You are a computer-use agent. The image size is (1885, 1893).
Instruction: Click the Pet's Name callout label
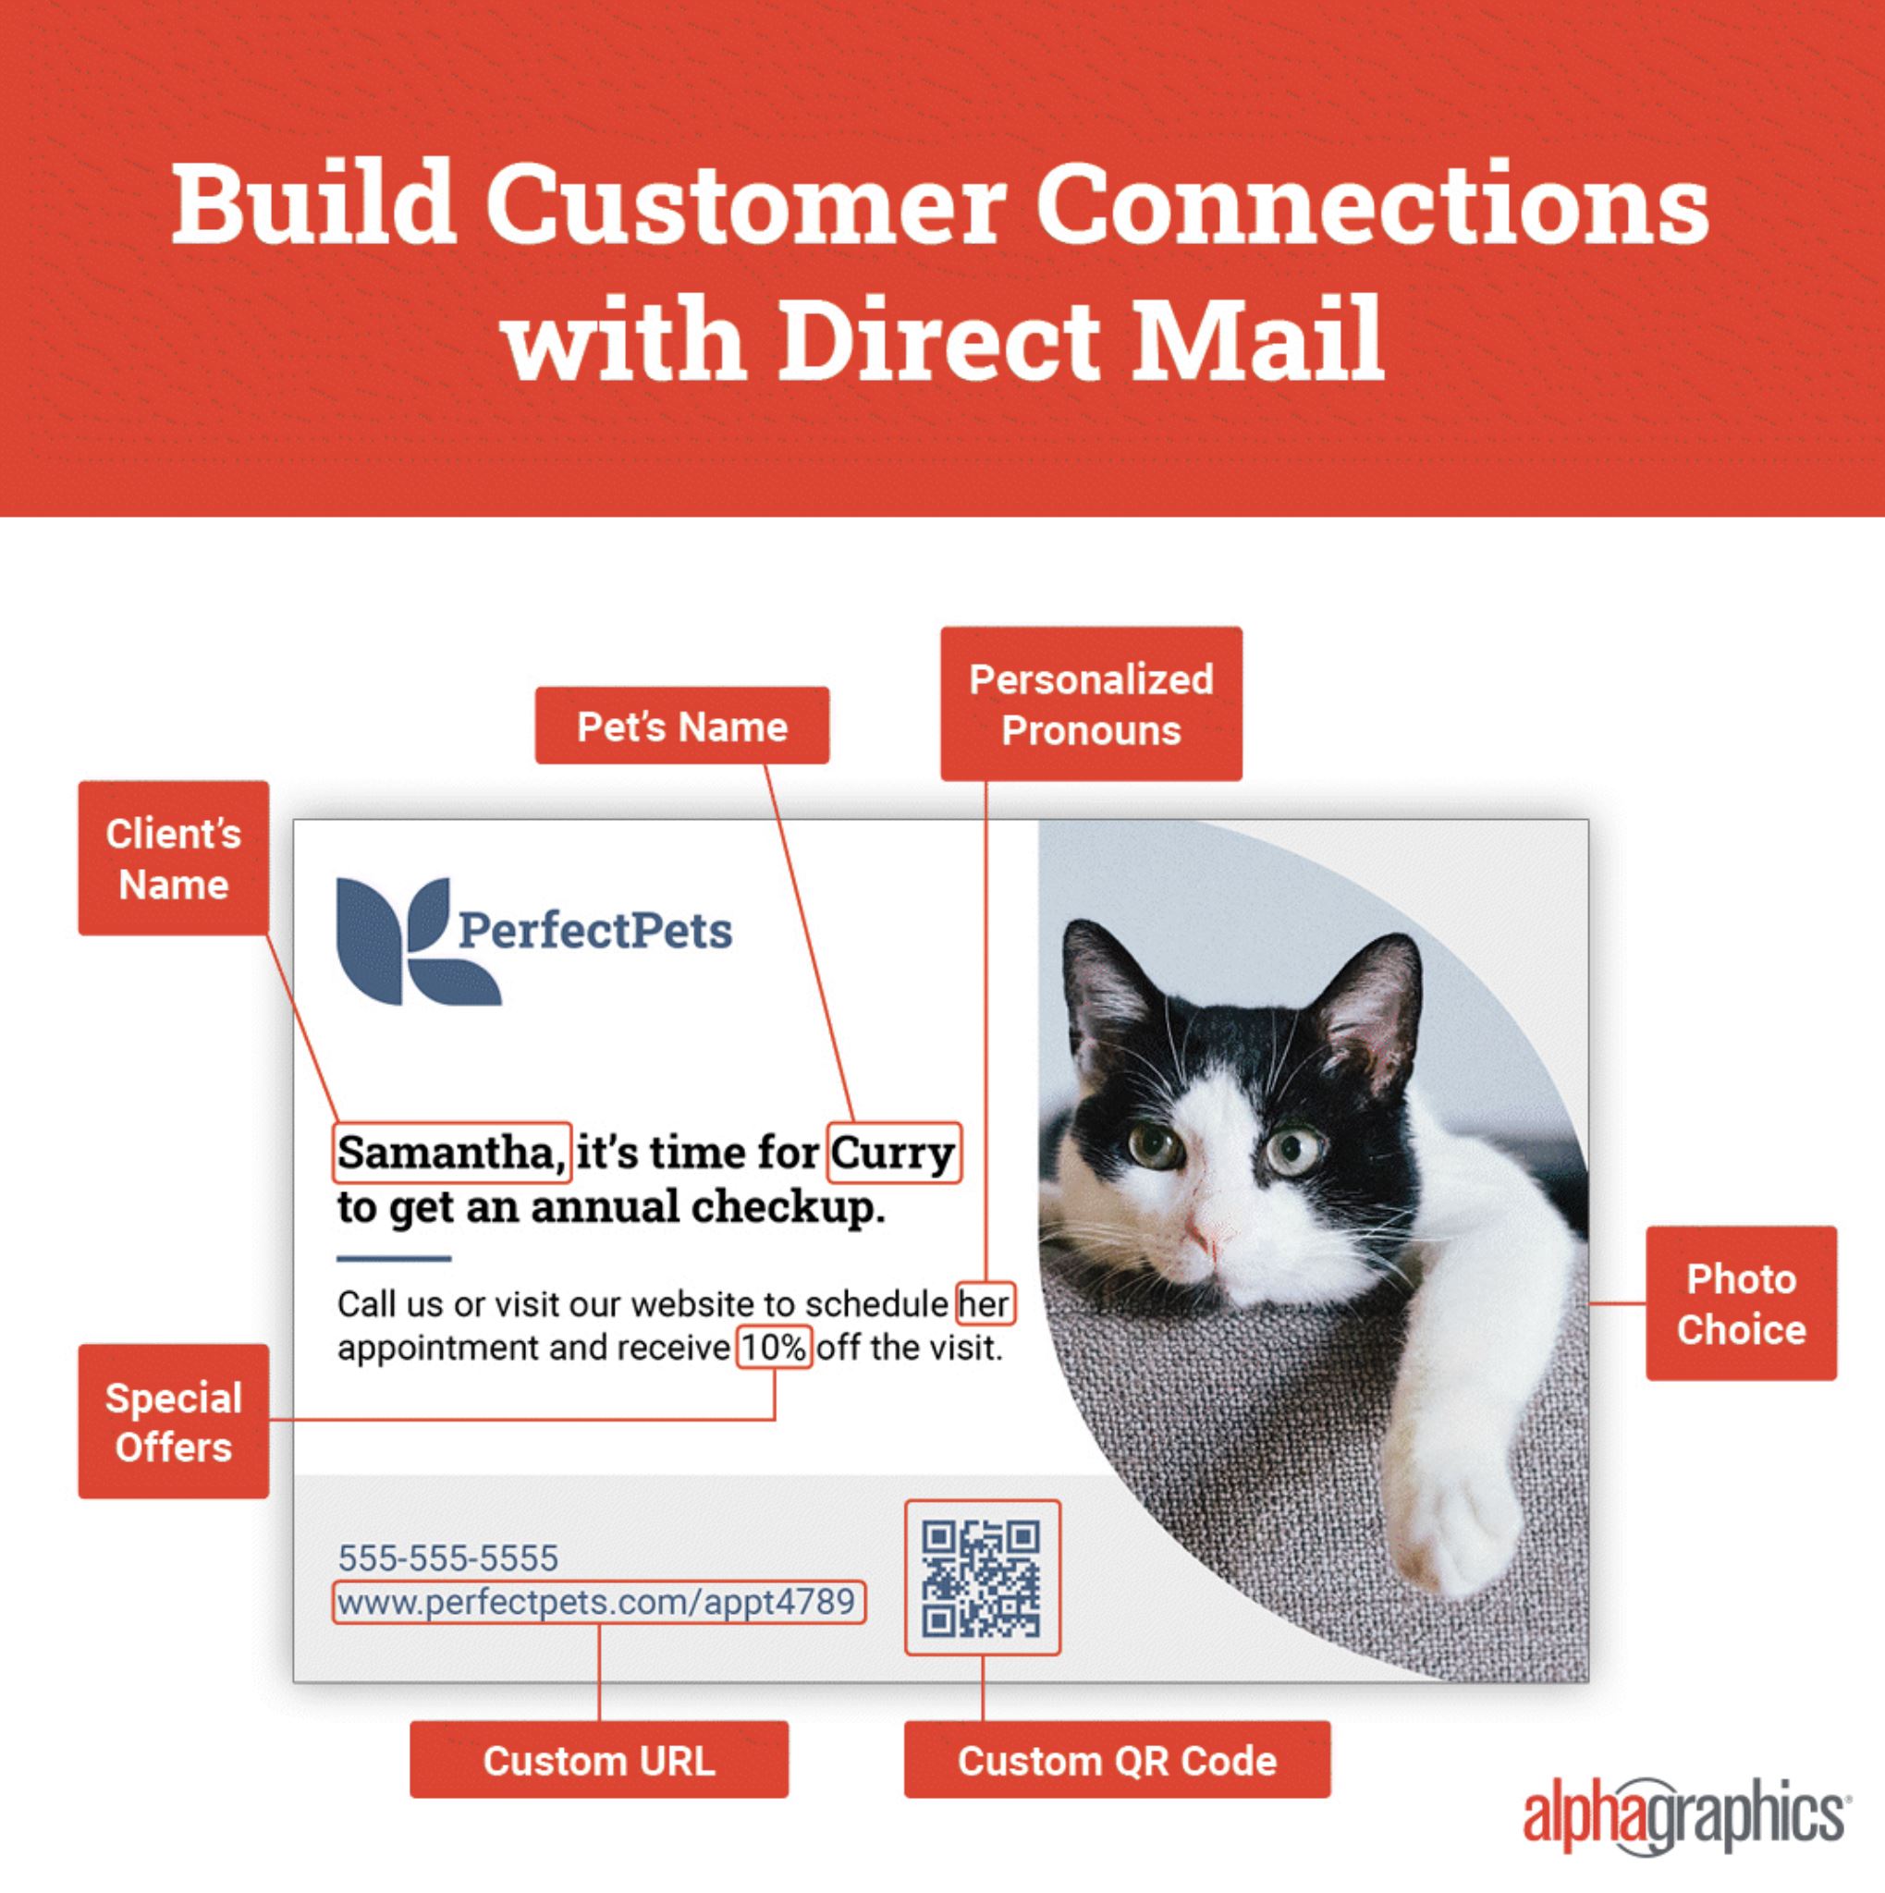682,726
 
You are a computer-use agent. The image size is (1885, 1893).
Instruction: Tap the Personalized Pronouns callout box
1092,703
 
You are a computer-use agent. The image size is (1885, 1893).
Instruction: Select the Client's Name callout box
174,859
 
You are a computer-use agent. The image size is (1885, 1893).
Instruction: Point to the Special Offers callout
174,1422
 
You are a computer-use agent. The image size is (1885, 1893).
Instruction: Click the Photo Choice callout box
1741,1303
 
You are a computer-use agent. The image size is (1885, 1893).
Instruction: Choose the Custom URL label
599,1761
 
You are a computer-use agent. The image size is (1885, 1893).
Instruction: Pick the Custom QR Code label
1117,1761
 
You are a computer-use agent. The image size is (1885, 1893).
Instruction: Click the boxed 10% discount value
774,1348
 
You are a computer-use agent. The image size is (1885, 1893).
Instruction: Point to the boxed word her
985,1303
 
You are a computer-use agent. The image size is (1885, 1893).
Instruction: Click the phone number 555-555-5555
447,1557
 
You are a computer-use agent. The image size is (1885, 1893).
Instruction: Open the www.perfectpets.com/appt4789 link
599,1602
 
